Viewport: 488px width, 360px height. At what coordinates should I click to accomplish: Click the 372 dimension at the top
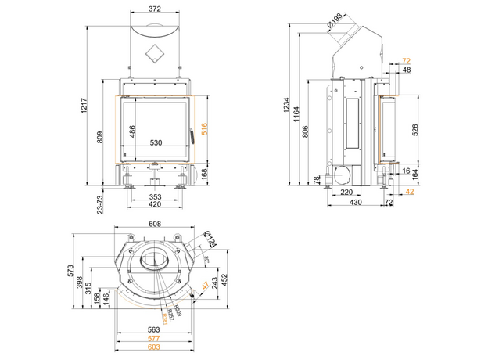155,9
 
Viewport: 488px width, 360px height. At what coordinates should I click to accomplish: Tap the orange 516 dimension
204,130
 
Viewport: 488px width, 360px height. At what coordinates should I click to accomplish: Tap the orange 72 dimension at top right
405,60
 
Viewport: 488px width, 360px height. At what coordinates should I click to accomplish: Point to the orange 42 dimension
410,190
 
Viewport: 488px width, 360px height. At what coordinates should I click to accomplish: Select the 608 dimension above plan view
155,224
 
